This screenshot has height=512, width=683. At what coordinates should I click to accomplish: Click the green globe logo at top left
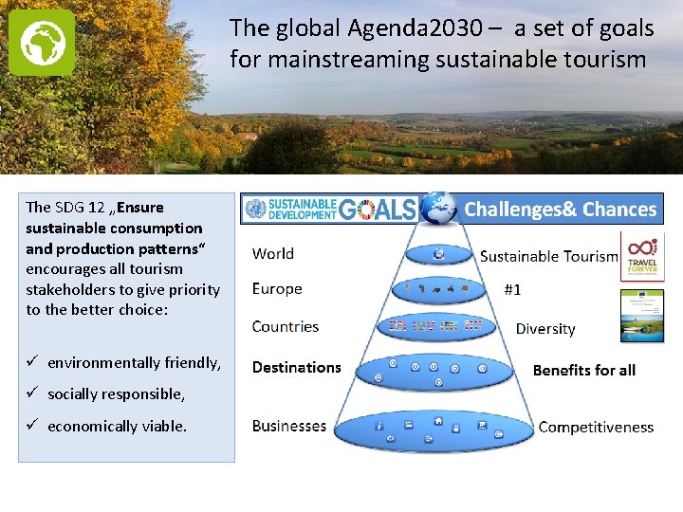[42, 43]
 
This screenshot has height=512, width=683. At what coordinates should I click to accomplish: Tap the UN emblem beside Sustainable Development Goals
[255, 209]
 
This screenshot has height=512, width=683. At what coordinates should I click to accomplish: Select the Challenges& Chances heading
[560, 210]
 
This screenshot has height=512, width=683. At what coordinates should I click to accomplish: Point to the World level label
[272, 253]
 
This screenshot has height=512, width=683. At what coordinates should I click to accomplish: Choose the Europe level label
[277, 288]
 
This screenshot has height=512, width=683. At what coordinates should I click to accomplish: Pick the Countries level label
[285, 326]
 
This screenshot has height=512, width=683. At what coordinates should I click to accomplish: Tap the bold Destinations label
[296, 367]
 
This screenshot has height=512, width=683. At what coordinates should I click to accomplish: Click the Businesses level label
[288, 426]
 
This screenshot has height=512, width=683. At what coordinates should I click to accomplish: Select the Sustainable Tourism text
[548, 256]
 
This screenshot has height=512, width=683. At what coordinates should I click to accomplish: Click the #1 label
[511, 290]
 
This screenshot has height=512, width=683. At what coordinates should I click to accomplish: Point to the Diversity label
[545, 329]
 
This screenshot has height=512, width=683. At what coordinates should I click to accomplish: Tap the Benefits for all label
[583, 370]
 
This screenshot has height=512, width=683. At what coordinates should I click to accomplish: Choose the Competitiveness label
[596, 427]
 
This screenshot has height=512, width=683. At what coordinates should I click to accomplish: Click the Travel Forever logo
[642, 254]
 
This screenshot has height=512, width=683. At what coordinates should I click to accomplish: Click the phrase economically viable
[117, 426]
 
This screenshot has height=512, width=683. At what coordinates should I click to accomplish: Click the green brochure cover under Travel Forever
[642, 316]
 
